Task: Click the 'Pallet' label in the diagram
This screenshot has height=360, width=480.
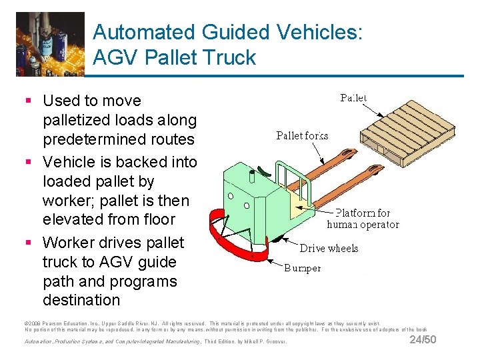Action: coord(353,98)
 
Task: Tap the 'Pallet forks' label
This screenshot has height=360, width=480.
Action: coord(302,135)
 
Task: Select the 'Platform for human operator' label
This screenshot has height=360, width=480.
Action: coord(363,219)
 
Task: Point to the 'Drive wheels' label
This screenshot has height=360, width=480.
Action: coord(329,248)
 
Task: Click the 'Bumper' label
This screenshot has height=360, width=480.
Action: coord(302,268)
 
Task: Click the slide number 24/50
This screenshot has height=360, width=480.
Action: coord(423,340)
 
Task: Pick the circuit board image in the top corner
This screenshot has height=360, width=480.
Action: coord(50,43)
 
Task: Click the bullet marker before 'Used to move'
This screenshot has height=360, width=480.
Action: coord(27,101)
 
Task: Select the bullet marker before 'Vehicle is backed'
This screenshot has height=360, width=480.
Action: coord(27,162)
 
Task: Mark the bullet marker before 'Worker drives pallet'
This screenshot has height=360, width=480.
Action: coord(27,243)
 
